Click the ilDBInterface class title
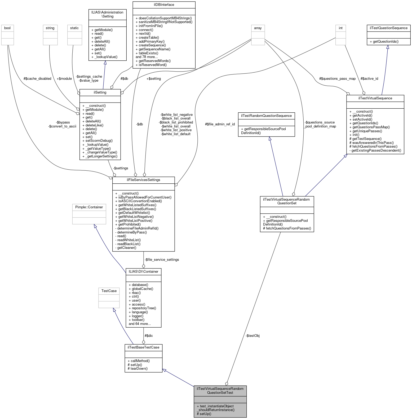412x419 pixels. pos(164,5)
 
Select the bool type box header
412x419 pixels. pos(7,28)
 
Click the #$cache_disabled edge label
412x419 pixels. pos(37,79)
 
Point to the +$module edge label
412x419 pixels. pos(64,79)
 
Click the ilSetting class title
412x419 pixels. pos(100,92)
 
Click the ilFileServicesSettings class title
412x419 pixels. pos(143,180)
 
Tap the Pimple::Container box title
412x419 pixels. pos(89,207)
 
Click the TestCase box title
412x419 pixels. pos(109,291)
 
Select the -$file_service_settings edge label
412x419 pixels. pos(162,260)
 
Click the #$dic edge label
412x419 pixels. pos(149,336)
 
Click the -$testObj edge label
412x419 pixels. pos(252,336)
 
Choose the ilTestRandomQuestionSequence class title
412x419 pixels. pos(266,116)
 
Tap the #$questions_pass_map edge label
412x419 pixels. pos(337,79)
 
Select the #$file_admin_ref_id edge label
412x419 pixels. pos(220,124)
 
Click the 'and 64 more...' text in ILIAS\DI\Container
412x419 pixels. pos(140,324)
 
